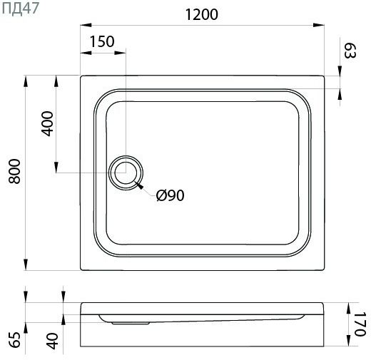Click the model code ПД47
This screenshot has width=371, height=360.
click(20, 9)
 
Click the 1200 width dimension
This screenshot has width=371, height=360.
click(201, 14)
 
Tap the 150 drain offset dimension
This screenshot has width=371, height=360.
click(102, 41)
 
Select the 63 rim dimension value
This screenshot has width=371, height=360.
click(350, 51)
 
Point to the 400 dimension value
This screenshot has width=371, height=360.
click(47, 123)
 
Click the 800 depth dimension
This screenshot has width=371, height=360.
click(14, 171)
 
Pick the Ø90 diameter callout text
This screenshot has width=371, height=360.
click(171, 195)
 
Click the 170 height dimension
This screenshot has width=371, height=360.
click(360, 324)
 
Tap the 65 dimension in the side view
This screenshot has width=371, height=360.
click(14, 340)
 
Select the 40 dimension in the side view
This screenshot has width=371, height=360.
click(52, 341)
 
